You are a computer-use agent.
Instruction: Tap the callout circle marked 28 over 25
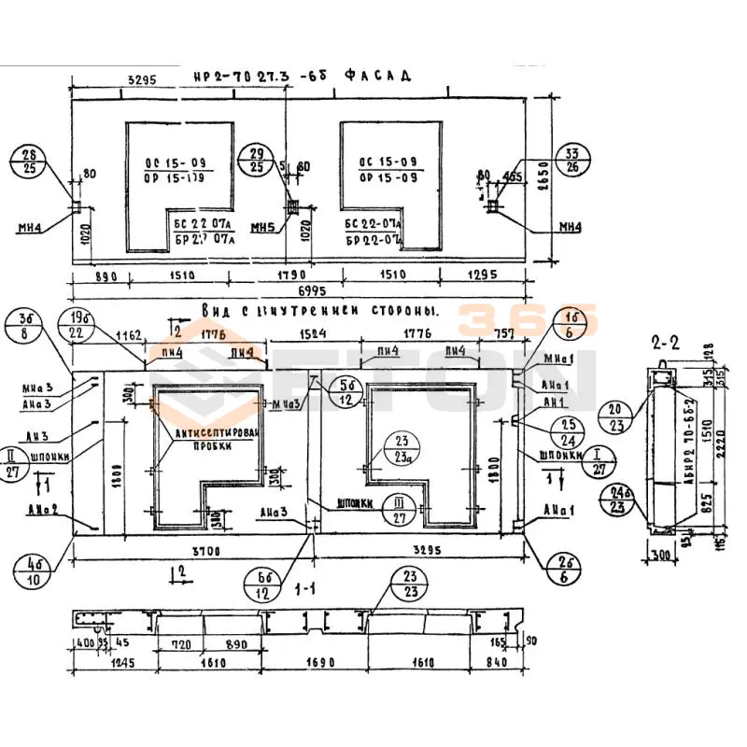coord(30,160)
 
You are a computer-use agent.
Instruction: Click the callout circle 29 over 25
coord(257,160)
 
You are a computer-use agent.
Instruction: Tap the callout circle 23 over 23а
coord(402,449)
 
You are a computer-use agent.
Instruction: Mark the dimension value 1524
coord(312,333)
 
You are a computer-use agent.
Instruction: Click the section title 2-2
coord(664,343)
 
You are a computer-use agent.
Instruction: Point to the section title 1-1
coord(302,590)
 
